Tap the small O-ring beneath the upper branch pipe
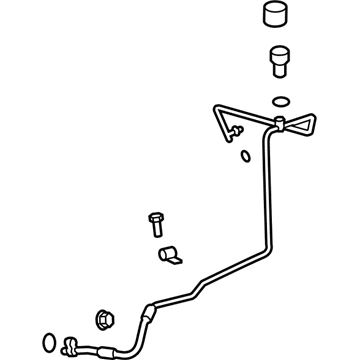[x=245, y=155]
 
